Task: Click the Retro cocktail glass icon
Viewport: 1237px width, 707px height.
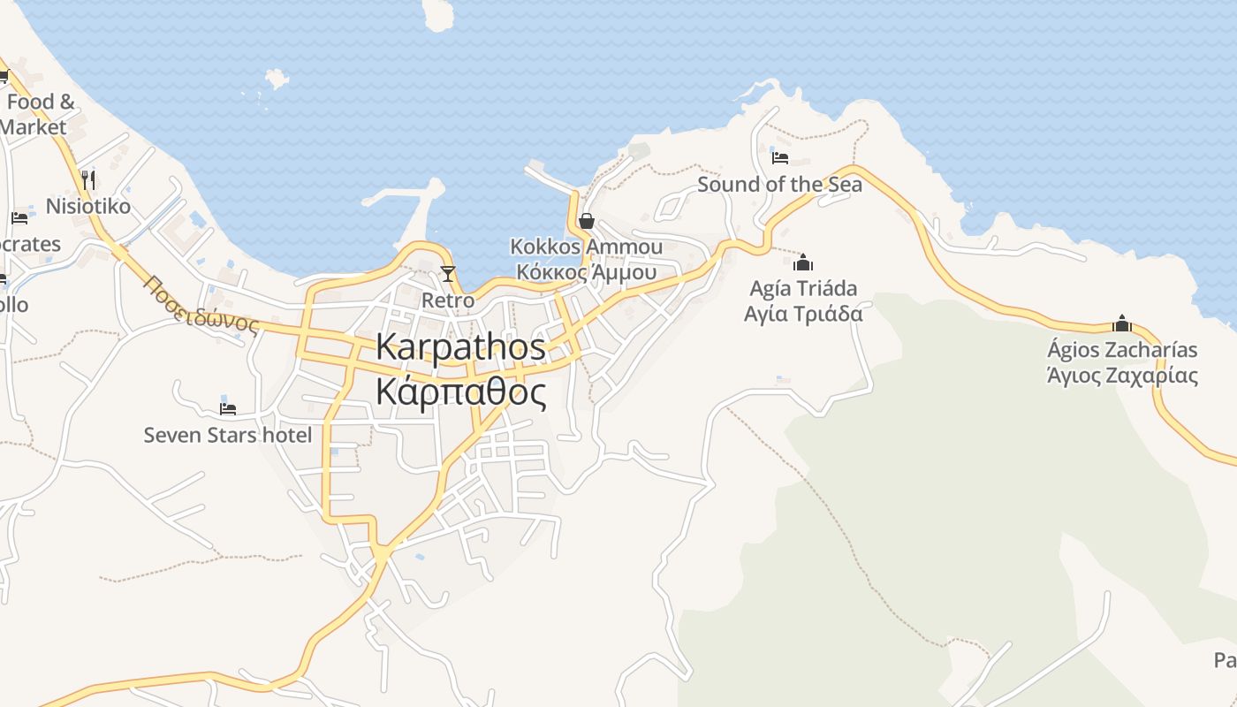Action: point(448,273)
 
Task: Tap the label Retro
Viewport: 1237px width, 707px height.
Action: point(448,300)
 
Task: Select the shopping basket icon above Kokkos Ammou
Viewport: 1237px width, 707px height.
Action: point(586,221)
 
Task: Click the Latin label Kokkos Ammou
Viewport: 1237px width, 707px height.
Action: point(586,247)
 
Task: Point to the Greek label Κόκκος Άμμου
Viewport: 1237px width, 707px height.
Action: point(586,271)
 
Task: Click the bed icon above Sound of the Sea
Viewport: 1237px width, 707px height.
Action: point(779,158)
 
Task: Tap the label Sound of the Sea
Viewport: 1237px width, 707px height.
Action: point(779,185)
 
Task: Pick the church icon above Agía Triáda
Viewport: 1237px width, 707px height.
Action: point(803,262)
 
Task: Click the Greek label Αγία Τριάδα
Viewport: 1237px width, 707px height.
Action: point(803,314)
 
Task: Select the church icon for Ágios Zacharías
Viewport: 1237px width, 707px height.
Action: point(1122,323)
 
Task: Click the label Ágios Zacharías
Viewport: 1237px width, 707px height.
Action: point(1122,350)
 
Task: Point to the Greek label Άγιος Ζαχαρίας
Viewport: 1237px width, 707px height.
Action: point(1122,376)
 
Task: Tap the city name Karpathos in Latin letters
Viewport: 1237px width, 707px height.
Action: point(460,346)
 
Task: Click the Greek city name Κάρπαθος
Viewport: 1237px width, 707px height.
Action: point(460,392)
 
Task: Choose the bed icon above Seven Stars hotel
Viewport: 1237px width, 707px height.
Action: point(228,408)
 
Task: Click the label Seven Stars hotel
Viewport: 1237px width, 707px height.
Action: point(228,435)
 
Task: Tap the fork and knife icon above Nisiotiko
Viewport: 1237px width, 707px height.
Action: point(87,180)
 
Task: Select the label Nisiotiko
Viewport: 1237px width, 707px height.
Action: point(87,207)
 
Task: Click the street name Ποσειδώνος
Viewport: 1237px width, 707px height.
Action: point(201,305)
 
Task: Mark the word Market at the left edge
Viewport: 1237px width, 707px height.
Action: point(33,127)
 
